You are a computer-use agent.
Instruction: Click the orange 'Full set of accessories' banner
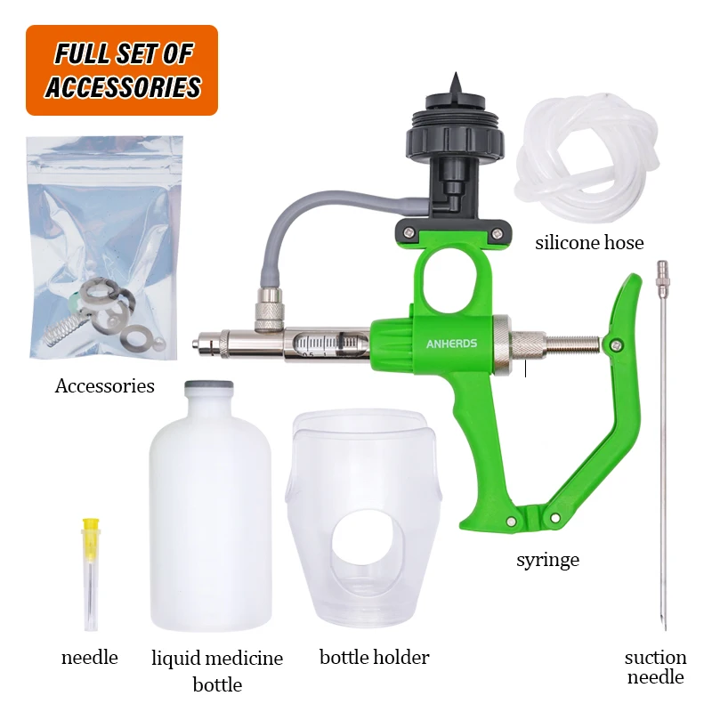tap(122, 70)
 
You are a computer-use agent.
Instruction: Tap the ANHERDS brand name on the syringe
tap(451, 344)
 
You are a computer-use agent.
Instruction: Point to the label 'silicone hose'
tap(589, 243)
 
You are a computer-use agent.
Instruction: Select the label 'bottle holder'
tap(374, 657)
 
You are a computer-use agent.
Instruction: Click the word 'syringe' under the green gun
tap(547, 560)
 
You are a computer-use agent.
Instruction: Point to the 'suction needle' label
tap(655, 667)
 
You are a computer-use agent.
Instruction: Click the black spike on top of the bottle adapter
tap(455, 84)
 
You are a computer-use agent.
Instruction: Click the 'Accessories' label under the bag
tap(104, 386)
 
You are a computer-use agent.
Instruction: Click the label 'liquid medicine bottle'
tap(217, 671)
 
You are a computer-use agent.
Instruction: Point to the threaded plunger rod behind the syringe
tap(573, 346)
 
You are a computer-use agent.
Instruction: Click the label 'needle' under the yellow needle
tap(90, 658)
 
